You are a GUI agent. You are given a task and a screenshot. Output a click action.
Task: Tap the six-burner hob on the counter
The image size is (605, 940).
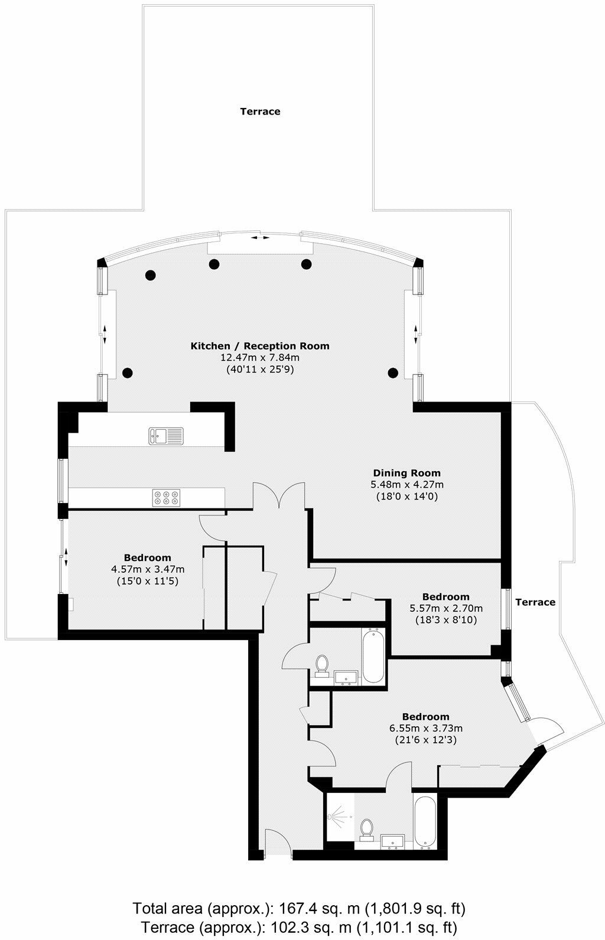point(167,498)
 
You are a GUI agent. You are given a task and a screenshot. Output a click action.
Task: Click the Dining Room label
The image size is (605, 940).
point(406,472)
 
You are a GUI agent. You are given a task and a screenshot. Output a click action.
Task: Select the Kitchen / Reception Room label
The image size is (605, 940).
point(259,346)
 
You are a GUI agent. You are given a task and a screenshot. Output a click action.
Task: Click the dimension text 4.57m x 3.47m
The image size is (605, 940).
point(148,569)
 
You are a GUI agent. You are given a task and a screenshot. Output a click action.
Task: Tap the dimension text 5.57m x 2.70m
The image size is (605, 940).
point(446,608)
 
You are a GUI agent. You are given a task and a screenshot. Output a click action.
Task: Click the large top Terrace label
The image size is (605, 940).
point(260,111)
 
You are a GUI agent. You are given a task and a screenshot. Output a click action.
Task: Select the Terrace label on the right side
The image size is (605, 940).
point(535,602)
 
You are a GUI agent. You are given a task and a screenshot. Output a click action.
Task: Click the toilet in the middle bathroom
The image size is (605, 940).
point(323,665)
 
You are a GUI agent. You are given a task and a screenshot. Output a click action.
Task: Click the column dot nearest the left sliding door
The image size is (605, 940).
point(127,372)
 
